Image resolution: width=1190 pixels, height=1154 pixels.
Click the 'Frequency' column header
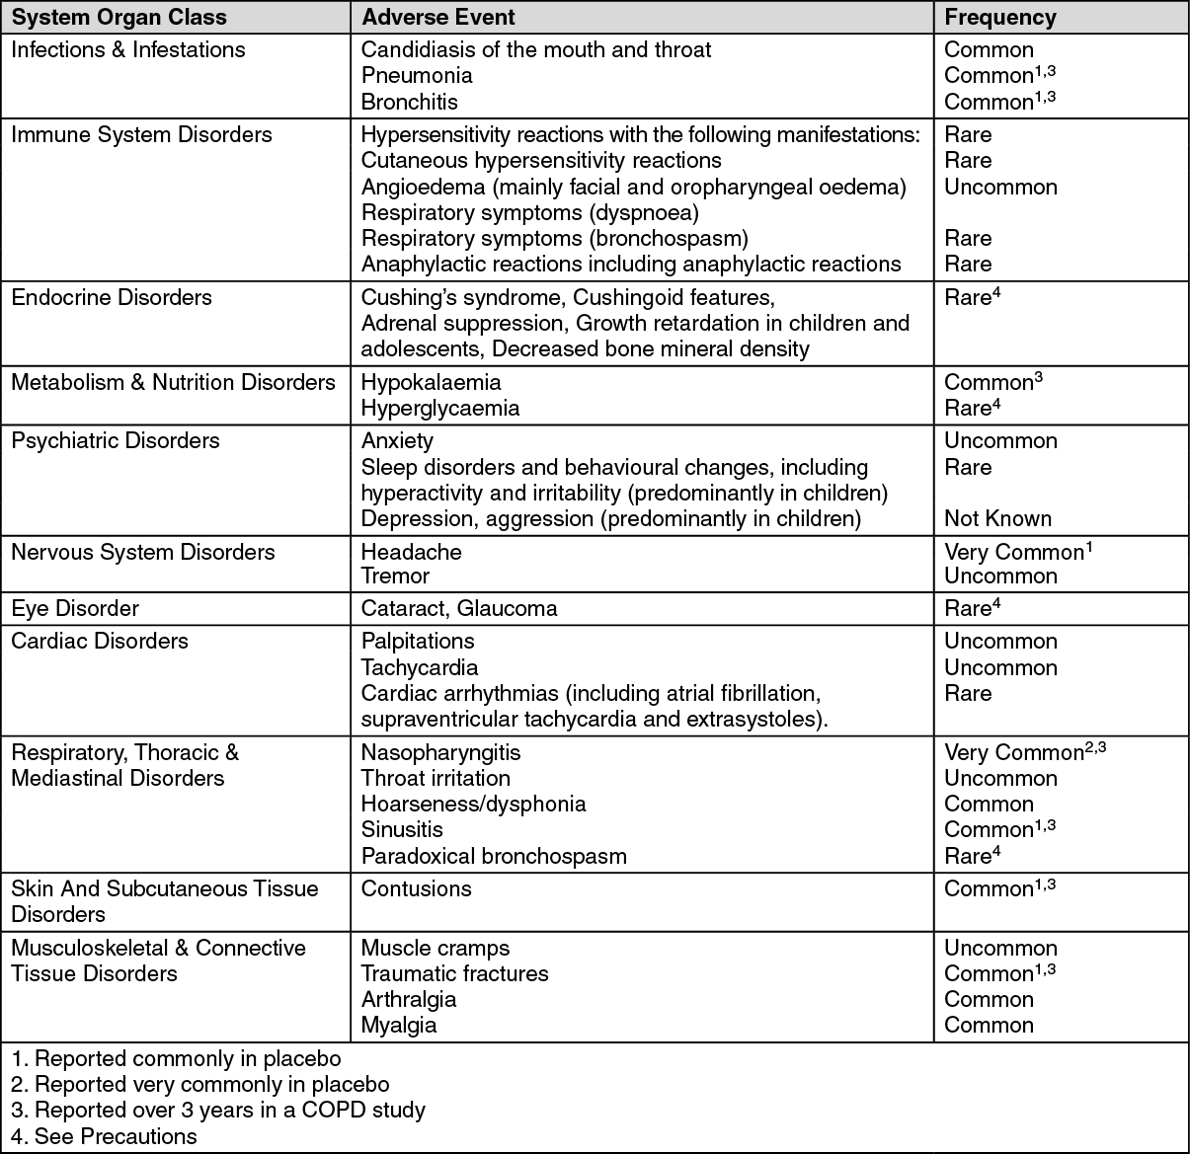click(999, 18)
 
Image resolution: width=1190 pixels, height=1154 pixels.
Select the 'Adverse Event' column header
click(437, 18)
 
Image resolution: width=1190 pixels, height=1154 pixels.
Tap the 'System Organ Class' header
click(119, 18)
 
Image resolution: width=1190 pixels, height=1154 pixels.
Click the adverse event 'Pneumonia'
click(417, 76)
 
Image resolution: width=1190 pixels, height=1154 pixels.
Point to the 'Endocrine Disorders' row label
click(112, 298)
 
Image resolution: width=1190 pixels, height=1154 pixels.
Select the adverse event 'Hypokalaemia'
click(431, 383)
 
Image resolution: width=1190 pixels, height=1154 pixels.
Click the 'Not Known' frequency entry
click(997, 519)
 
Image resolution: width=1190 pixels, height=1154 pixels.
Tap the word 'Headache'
click(411, 553)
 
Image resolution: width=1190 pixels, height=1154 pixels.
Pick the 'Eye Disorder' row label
click(75, 609)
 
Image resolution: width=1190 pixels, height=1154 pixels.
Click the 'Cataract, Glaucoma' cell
click(459, 609)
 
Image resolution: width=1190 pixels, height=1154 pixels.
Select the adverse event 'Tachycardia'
click(420, 668)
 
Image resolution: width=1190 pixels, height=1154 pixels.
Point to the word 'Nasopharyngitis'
click(440, 753)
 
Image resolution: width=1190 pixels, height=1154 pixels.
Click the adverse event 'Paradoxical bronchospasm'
click(494, 857)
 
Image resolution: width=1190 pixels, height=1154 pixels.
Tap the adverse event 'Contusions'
click(416, 889)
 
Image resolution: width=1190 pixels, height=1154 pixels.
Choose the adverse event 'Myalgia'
click(399, 1026)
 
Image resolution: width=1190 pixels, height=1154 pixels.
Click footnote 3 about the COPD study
click(218, 1111)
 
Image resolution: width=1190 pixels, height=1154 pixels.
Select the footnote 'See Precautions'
click(105, 1137)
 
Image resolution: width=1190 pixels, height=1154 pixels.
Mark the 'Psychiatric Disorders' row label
click(116, 441)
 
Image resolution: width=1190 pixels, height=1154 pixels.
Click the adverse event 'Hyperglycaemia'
click(439, 409)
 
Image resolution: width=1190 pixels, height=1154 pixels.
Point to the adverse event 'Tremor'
click(395, 577)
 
